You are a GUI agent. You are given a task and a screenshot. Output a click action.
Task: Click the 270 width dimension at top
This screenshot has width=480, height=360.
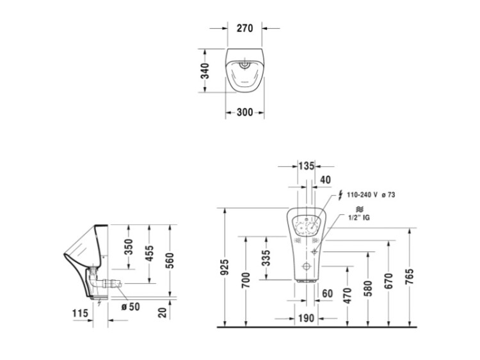(x=245, y=28)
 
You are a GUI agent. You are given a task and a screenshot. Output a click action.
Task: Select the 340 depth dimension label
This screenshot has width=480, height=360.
(x=205, y=70)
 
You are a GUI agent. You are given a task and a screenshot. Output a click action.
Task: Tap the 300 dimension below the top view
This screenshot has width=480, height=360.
(x=245, y=113)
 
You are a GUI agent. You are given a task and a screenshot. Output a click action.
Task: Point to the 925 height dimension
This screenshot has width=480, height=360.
(x=225, y=267)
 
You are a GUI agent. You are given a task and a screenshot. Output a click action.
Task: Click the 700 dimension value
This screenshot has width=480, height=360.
(x=246, y=280)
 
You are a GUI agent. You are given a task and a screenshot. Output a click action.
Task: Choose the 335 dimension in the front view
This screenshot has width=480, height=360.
(x=266, y=258)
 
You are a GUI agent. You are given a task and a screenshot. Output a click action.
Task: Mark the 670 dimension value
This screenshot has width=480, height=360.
(x=388, y=281)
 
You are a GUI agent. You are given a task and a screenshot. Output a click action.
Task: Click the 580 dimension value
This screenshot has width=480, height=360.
(x=367, y=288)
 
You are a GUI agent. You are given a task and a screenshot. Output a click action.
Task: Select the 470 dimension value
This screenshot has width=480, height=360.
(x=348, y=295)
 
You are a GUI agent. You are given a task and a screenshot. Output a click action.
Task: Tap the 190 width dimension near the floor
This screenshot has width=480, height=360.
(x=306, y=318)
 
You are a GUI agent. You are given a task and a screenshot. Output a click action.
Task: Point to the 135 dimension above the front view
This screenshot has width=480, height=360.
(x=307, y=166)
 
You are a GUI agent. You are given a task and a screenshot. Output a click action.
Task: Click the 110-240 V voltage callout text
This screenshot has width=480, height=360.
(x=362, y=195)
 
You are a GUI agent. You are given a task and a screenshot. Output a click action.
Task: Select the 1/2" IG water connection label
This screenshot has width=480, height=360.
(x=359, y=217)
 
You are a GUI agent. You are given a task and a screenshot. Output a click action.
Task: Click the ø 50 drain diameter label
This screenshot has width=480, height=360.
(x=131, y=306)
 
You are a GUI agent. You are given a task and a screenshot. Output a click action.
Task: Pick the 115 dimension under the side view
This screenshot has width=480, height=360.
(x=80, y=313)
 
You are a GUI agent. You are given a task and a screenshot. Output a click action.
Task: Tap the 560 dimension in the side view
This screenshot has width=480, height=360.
(x=170, y=261)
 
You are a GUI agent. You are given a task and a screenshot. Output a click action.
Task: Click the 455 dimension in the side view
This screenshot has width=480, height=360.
(x=149, y=253)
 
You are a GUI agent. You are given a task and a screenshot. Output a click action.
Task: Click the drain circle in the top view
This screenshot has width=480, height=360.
(x=244, y=64)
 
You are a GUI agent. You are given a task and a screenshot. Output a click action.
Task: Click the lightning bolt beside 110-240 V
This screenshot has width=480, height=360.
(x=340, y=195)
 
